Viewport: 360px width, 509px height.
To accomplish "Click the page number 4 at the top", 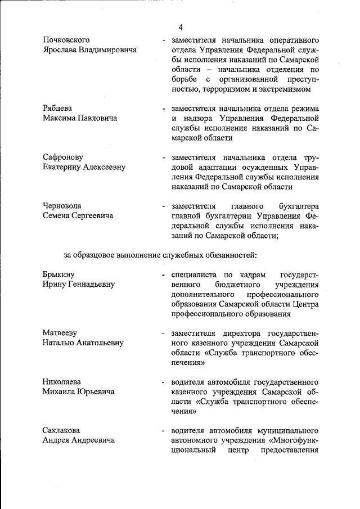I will [x=181, y=27].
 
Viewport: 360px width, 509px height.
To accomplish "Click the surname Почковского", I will [x=67, y=40].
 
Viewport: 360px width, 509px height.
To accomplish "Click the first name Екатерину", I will [x=65, y=167].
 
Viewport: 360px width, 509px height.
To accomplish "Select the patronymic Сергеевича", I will [x=91, y=216].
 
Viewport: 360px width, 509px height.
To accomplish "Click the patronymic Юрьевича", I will [x=94, y=392].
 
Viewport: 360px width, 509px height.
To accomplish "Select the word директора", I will [x=242, y=333].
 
